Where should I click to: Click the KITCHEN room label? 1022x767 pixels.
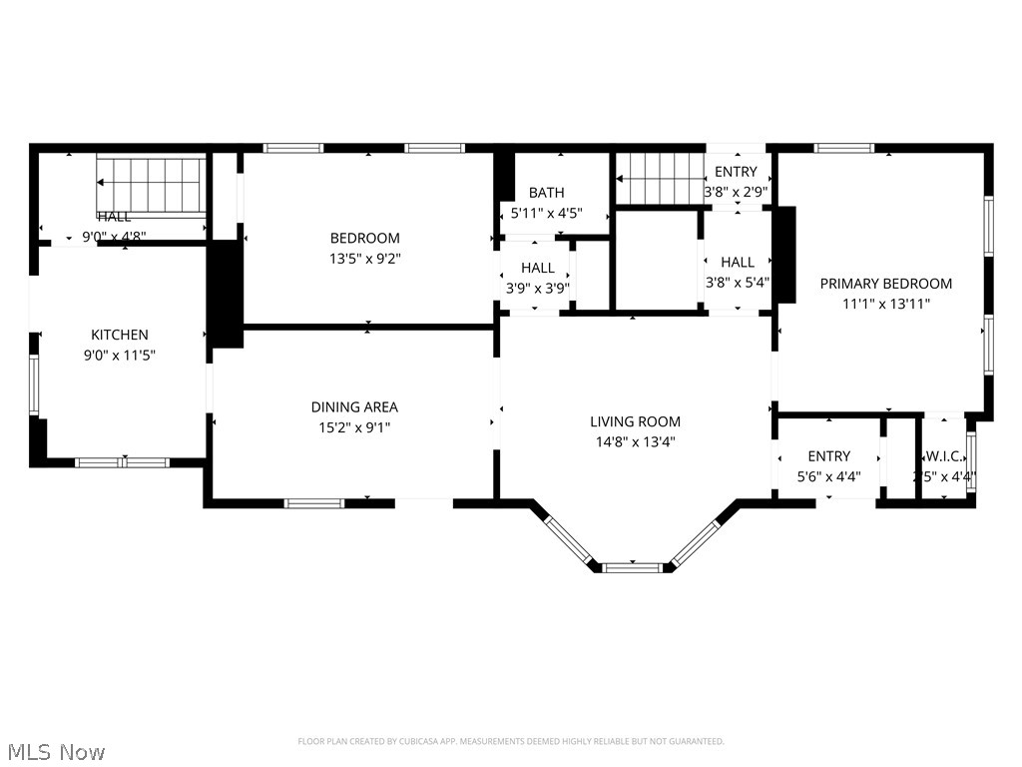[x=120, y=335]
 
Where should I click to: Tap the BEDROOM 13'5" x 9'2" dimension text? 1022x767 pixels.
[x=365, y=258]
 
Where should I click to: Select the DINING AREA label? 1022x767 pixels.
[x=354, y=406]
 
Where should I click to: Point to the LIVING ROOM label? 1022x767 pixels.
[x=635, y=421]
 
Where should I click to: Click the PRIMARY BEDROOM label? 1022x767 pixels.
[x=885, y=284]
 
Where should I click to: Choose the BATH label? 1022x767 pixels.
[x=546, y=193]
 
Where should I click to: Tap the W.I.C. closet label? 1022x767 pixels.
[x=943, y=456]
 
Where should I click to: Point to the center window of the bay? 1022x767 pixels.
[x=633, y=567]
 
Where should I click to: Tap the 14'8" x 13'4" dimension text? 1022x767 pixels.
[x=635, y=441]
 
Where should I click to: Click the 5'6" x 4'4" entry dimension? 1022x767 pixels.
[x=829, y=477]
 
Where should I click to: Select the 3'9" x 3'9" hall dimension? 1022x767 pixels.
[x=537, y=288]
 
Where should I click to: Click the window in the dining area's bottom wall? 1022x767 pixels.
[x=314, y=502]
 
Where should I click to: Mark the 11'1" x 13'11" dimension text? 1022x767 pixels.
[x=885, y=304]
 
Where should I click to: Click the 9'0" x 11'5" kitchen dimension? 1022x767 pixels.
[x=120, y=355]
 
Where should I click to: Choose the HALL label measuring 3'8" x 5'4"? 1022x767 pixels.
[x=738, y=262]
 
